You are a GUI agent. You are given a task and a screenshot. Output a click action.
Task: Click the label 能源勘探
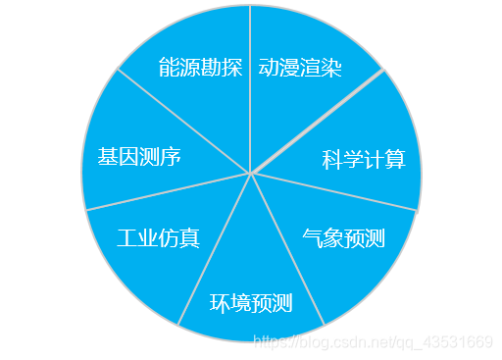pos(200,68)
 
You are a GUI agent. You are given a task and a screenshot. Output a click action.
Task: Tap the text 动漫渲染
pos(300,68)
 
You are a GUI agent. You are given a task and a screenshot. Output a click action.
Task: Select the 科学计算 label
pos(364,159)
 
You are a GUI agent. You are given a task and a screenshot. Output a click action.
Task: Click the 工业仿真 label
pos(158,237)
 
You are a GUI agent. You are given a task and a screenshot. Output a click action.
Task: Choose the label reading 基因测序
pos(138,157)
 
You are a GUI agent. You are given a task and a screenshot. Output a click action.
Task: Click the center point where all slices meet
pos(251,174)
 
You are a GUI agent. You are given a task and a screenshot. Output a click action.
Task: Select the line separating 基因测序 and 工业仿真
pos(167,192)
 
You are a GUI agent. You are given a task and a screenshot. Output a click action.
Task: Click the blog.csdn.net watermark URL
pos(373,341)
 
